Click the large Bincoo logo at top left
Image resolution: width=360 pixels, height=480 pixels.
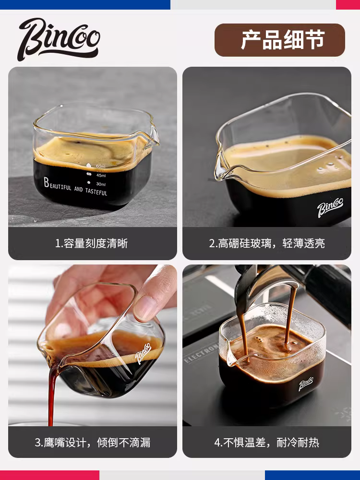tap(59, 39)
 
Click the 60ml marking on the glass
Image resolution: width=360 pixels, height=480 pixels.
tap(100, 166)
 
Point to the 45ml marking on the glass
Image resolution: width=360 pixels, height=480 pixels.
tap(100, 175)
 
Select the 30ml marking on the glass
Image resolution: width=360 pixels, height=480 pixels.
tap(100, 184)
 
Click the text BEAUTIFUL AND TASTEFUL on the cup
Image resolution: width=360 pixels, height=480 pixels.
tap(75, 187)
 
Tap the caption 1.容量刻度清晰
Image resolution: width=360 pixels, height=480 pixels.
tap(91, 243)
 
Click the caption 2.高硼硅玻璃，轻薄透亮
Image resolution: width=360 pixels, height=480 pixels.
tap(266, 243)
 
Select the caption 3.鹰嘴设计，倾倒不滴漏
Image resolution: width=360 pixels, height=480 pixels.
tap(92, 442)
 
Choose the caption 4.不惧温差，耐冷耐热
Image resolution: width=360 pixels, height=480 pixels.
tap(266, 442)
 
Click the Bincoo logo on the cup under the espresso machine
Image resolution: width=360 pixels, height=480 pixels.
tap(307, 384)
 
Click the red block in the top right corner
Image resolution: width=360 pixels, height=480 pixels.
tap(348, 4)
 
